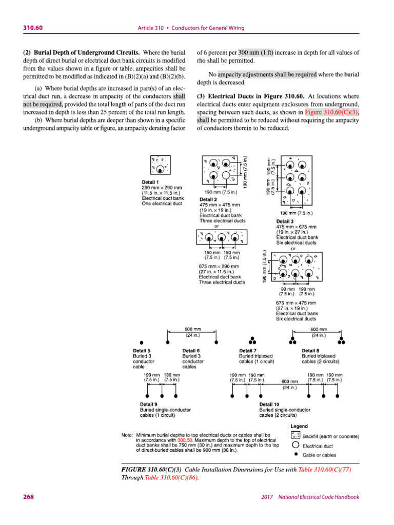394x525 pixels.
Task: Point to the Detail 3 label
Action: point(285,221)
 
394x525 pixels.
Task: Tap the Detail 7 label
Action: point(248,351)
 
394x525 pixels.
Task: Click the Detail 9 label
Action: point(149,405)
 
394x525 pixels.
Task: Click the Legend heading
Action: point(299,426)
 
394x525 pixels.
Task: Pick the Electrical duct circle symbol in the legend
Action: point(295,446)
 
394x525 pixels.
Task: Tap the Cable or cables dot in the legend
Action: point(295,454)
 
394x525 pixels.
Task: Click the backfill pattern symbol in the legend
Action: point(295,436)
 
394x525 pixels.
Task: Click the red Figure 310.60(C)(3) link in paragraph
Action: point(332,113)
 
